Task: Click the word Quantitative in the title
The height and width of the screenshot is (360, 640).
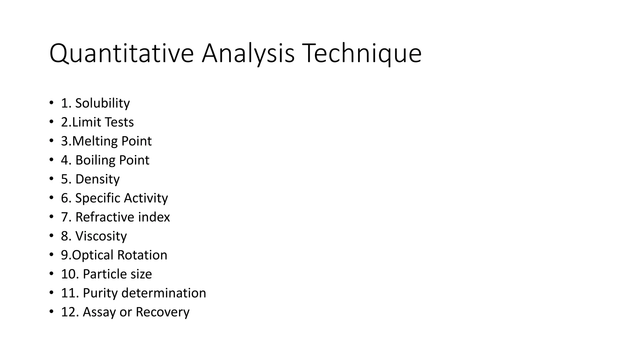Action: (122, 54)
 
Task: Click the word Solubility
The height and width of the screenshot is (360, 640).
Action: (102, 103)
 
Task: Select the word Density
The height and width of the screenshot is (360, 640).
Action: (97, 179)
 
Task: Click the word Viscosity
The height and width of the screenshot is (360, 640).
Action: (101, 236)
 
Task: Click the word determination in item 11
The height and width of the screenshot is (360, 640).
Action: (164, 293)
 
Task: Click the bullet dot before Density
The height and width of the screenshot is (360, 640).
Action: (51, 179)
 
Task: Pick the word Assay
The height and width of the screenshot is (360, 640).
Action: (99, 312)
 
